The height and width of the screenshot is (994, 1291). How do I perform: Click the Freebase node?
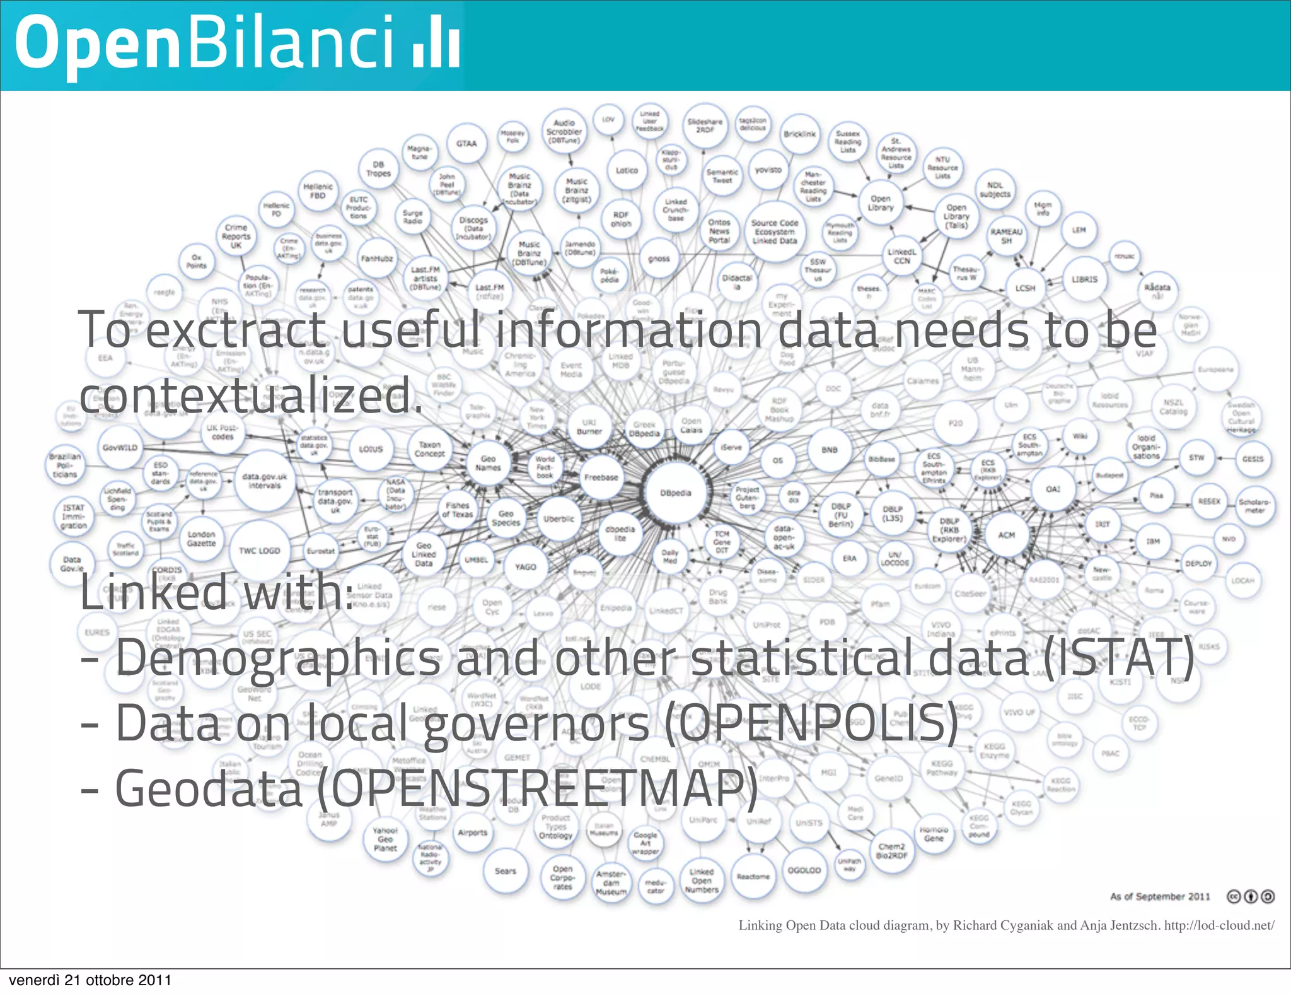(x=601, y=477)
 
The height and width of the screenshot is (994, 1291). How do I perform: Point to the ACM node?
(x=1006, y=535)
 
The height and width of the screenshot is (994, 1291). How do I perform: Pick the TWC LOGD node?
(x=259, y=551)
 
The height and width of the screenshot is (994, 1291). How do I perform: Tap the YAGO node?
(x=525, y=567)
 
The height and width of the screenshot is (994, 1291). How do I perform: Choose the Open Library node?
(x=881, y=203)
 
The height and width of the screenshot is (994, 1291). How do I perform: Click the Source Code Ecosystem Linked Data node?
(x=774, y=231)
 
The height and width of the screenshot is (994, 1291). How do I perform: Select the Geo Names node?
(x=488, y=464)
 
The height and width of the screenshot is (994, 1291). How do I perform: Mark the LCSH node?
(x=1025, y=288)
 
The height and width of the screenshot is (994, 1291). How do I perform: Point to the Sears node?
(x=505, y=871)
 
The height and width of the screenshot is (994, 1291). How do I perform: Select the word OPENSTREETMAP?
(x=536, y=788)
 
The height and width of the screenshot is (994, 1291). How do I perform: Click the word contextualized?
(x=250, y=396)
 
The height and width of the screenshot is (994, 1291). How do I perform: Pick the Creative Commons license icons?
(x=1251, y=896)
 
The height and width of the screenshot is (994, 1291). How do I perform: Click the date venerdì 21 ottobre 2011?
(x=90, y=980)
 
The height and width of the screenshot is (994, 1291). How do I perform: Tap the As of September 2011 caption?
(x=1160, y=896)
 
